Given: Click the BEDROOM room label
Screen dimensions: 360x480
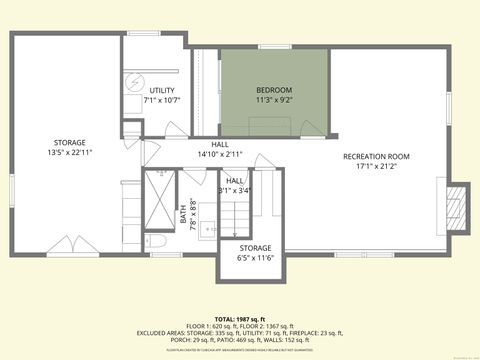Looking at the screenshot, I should coord(274,89).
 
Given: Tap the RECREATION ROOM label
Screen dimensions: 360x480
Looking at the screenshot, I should coord(376,156).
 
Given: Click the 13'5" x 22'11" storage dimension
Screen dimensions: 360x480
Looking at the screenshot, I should coord(70,152).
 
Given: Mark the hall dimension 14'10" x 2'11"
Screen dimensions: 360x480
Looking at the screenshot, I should coord(220,154).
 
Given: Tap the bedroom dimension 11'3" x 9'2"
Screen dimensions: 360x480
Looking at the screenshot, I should coord(274,99).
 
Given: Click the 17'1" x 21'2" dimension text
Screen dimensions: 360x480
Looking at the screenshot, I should coord(376,166).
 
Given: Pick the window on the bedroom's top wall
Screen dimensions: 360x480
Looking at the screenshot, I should coord(274,46).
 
